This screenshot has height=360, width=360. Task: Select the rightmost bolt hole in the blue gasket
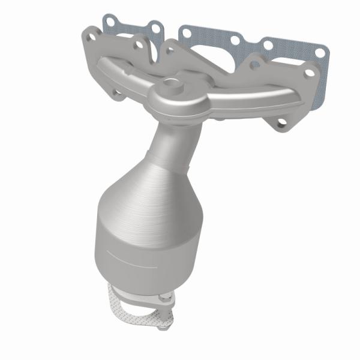[319, 52]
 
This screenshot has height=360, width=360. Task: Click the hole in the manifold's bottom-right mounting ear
[281, 122]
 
